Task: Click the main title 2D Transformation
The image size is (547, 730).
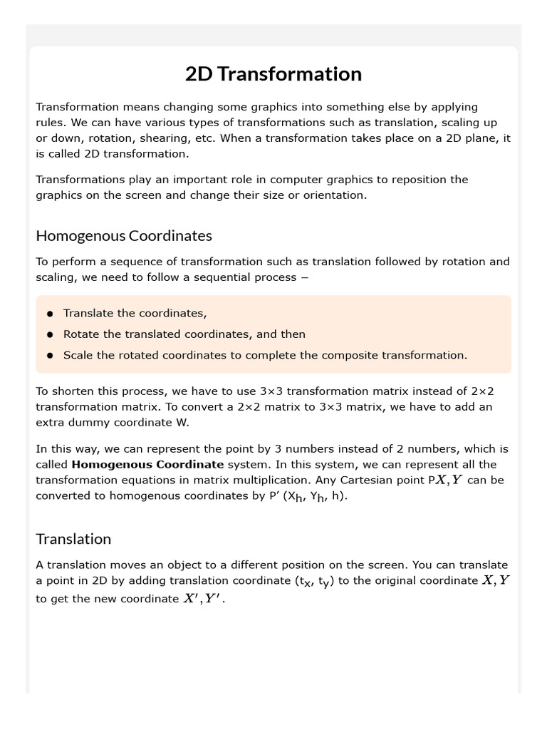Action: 273,74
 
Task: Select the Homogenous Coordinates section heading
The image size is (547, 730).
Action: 124,235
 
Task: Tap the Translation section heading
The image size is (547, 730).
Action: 73,539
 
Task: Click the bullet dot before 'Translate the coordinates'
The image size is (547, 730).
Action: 50,314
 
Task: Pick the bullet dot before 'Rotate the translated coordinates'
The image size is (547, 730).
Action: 50,334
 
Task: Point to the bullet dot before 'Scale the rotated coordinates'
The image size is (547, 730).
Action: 50,355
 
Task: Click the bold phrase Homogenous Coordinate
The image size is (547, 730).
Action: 147,464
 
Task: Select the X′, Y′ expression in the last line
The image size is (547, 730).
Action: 202,599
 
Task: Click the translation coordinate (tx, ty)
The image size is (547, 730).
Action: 313,582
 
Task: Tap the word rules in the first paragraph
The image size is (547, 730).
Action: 51,123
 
